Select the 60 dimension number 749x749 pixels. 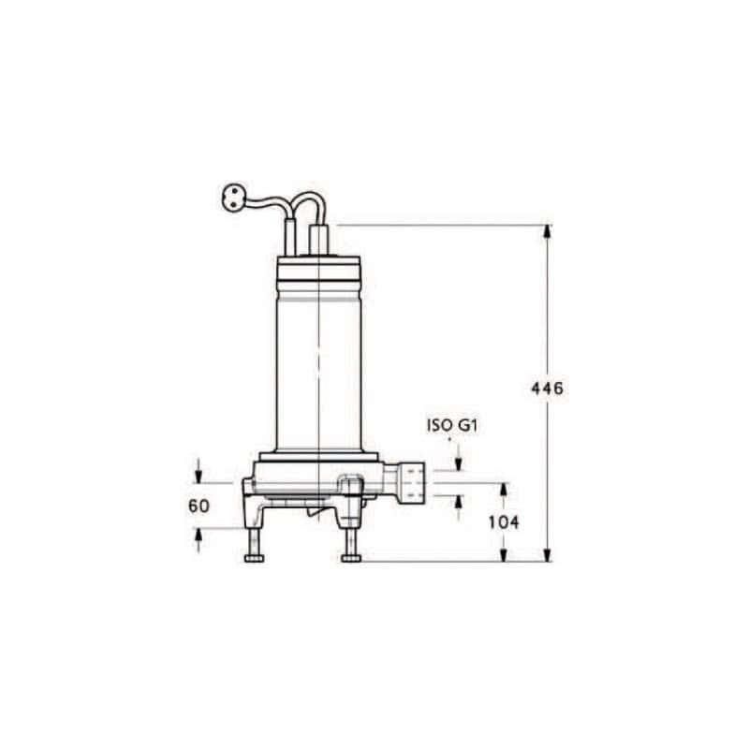click(x=198, y=506)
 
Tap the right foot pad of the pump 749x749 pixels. click(x=352, y=559)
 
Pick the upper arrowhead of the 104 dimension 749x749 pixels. click(x=504, y=491)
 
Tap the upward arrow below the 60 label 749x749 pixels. click(x=198, y=536)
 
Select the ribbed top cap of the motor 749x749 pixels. click(x=319, y=271)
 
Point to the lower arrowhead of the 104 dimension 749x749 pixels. click(x=504, y=555)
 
